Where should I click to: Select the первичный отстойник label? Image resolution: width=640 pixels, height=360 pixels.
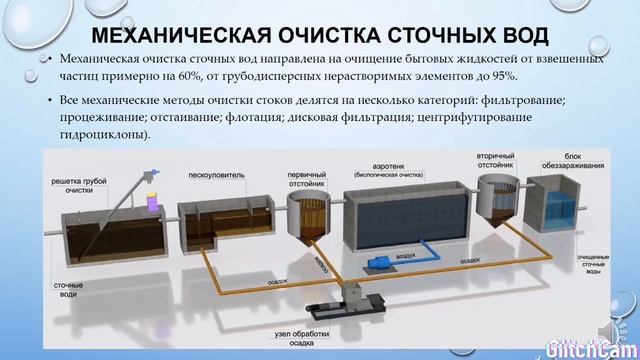point(305,165)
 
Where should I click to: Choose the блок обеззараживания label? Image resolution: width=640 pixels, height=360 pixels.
point(555,160)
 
